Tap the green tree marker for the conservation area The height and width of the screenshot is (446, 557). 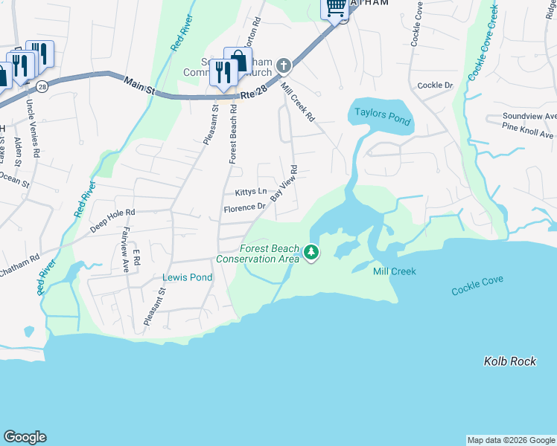point(311,253)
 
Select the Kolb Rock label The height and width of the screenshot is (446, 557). point(509,361)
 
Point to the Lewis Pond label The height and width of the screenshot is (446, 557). point(188,277)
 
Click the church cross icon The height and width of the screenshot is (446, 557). point(283,66)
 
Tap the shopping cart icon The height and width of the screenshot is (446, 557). point(336,7)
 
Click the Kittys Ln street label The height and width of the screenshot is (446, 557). point(250,192)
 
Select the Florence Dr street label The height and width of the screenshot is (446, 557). point(244,208)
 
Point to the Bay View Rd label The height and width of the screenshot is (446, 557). point(284,184)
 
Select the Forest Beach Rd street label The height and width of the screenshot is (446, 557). point(233,134)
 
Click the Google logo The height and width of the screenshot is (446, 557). point(25,437)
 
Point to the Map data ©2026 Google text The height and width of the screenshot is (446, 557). point(510,440)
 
